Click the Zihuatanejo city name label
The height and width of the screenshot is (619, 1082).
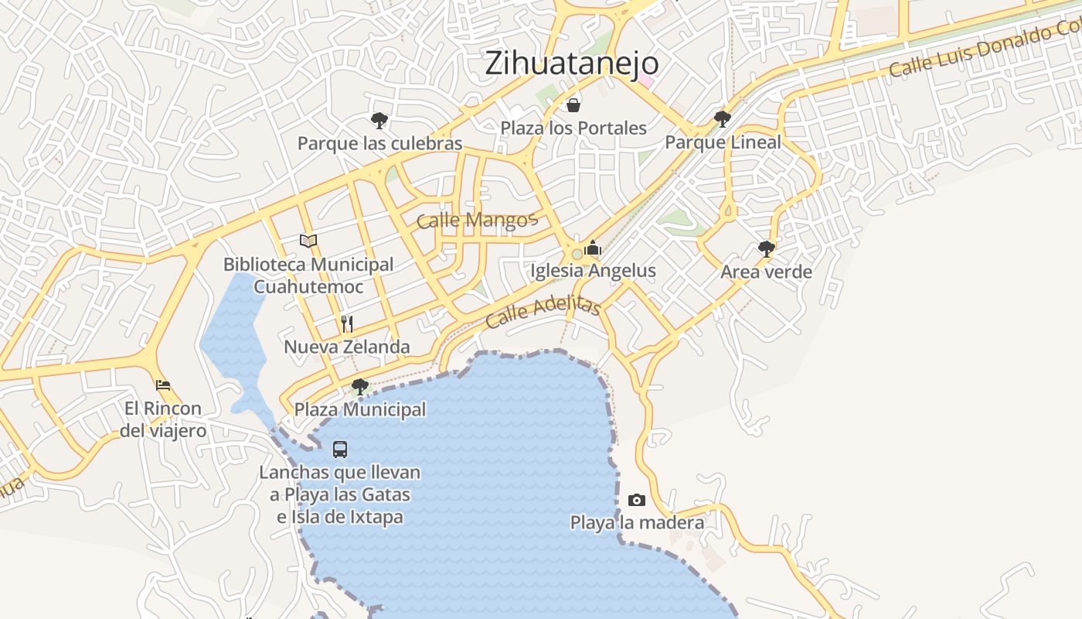(571, 63)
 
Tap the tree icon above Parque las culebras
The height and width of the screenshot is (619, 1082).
(379, 120)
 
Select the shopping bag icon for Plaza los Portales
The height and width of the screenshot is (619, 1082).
(573, 104)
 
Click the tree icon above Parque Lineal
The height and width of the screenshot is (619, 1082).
(723, 118)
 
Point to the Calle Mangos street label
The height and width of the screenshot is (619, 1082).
(476, 221)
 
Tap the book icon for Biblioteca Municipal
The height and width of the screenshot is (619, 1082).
(308, 241)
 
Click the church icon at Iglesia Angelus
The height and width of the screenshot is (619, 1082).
(593, 248)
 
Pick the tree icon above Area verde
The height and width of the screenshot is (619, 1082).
(766, 248)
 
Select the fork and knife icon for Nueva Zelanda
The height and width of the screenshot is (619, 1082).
(347, 323)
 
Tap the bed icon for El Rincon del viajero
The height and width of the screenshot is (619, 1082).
(162, 385)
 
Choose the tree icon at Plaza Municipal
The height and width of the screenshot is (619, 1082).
(359, 386)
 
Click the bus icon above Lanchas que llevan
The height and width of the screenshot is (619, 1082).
(339, 449)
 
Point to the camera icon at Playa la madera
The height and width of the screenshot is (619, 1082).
(637, 500)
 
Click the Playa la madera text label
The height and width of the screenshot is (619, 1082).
(637, 523)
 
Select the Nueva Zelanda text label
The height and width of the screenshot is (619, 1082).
(347, 347)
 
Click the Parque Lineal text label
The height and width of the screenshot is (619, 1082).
(723, 142)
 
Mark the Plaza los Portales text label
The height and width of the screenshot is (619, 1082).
(573, 128)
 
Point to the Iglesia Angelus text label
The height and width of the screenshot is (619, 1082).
(593, 271)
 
